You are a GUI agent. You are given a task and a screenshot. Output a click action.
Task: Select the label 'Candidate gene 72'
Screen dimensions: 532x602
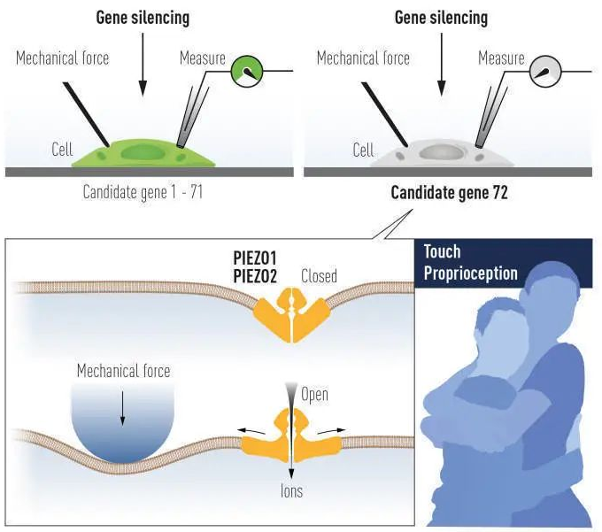(x=449, y=194)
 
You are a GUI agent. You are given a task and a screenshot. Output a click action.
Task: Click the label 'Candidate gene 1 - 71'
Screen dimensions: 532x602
(x=142, y=191)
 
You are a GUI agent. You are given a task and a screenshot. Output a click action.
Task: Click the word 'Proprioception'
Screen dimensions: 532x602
(x=470, y=273)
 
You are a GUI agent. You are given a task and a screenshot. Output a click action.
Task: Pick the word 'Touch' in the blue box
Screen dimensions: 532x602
(x=443, y=252)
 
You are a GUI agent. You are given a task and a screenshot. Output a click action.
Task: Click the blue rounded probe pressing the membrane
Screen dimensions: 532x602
(x=122, y=425)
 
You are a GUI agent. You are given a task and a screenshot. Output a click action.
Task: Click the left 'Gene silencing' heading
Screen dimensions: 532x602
(x=143, y=18)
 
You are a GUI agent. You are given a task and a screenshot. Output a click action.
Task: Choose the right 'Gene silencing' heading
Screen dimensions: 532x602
(x=441, y=18)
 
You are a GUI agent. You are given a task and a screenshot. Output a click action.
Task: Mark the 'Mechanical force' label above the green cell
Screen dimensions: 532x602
(x=63, y=58)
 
